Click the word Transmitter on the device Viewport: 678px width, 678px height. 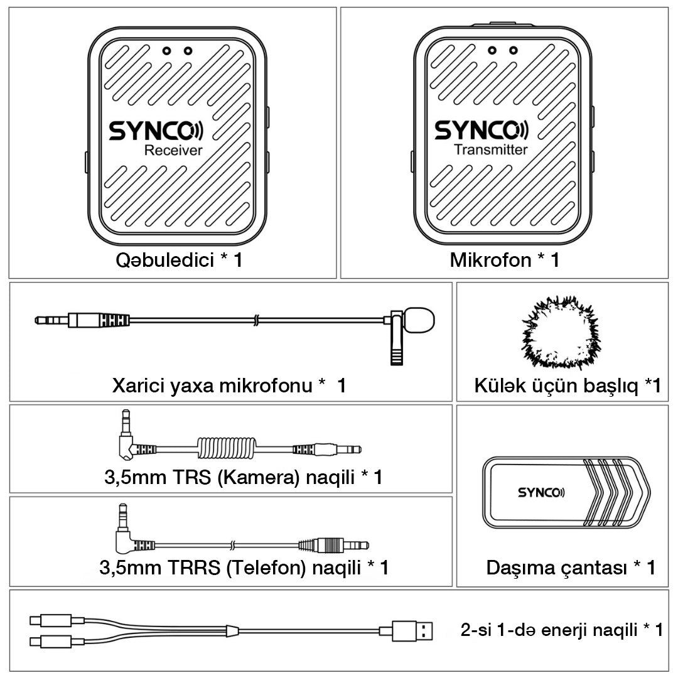click(490, 149)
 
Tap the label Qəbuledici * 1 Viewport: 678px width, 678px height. click(179, 261)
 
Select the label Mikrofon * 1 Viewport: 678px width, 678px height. click(504, 261)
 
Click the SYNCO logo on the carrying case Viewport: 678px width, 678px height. click(541, 492)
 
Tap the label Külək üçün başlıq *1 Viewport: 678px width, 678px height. click(567, 385)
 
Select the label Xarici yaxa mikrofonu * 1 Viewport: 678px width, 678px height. click(229, 385)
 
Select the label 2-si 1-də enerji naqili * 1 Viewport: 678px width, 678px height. click(561, 630)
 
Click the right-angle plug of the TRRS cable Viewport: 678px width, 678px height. click(125, 537)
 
